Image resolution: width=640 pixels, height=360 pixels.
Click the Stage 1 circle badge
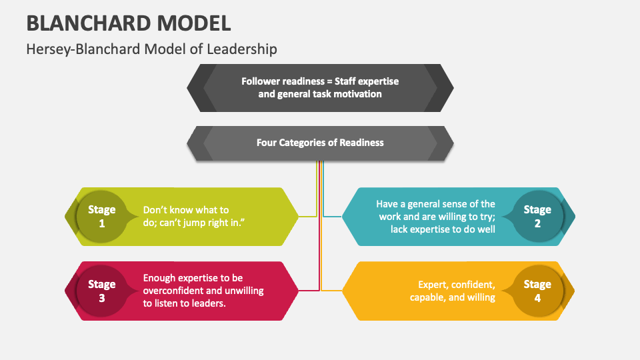pyautogui.click(x=101, y=217)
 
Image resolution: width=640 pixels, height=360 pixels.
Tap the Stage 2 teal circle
pyautogui.click(x=537, y=217)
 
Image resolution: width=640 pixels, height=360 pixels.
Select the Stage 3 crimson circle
pyautogui.click(x=101, y=291)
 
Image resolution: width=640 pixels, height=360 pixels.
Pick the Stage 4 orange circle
pyautogui.click(x=537, y=291)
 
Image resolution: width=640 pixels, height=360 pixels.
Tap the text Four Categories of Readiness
pyautogui.click(x=320, y=142)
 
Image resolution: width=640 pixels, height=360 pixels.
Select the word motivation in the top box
pyautogui.click(x=358, y=94)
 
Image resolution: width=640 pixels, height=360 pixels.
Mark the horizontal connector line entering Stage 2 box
pyautogui.click(x=333, y=217)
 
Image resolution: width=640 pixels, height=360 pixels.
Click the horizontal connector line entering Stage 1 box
pyautogui.click(x=307, y=217)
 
